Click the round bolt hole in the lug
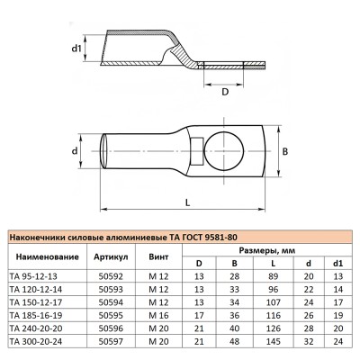[215, 150]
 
